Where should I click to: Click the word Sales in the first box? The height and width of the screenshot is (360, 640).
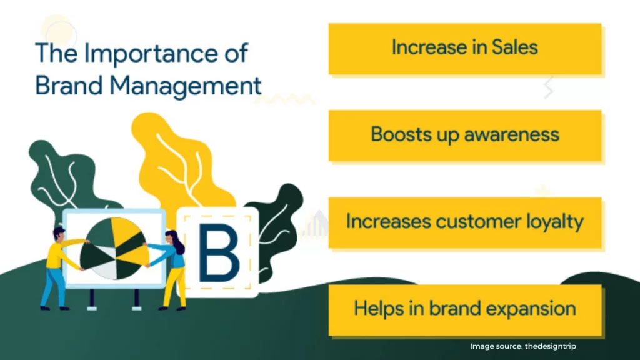tap(515, 47)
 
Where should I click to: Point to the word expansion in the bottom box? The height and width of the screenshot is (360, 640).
tap(531, 309)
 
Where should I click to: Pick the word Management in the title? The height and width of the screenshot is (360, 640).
tap(185, 86)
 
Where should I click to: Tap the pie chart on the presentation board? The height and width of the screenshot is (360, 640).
tap(115, 249)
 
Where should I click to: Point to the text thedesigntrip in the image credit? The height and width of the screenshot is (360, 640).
tap(550, 346)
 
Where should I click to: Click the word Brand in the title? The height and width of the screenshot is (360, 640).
tap(69, 86)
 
